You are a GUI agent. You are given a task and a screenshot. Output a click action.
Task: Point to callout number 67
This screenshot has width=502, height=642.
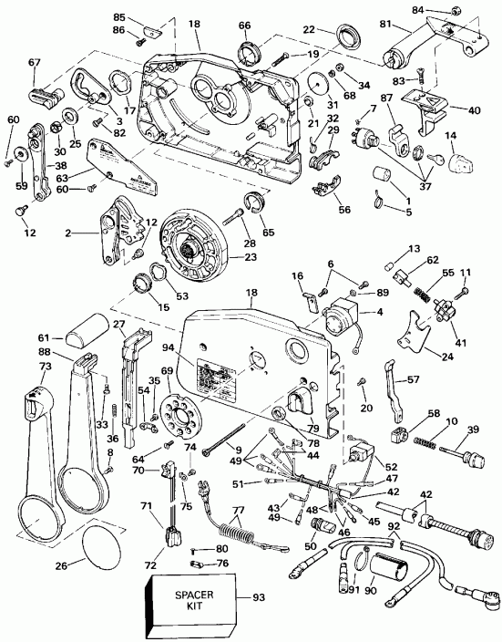[35, 63]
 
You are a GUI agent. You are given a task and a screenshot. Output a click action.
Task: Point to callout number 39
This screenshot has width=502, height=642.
[472, 430]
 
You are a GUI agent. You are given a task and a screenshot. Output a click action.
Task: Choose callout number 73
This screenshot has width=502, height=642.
[18, 366]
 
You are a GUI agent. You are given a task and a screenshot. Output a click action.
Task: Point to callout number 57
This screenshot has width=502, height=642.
[412, 379]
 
